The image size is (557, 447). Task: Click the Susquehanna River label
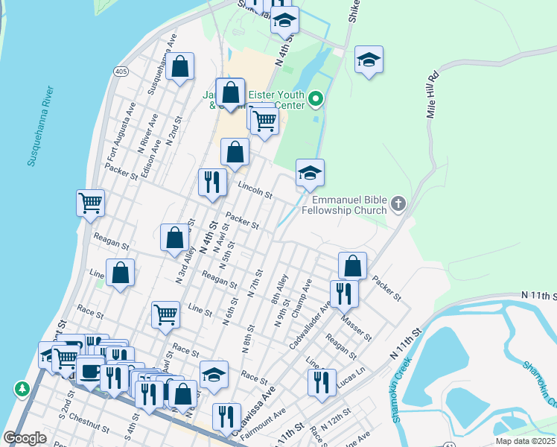[x=40, y=126]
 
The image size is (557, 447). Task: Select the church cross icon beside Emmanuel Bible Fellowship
[x=398, y=203]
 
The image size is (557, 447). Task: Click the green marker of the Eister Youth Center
[x=316, y=98]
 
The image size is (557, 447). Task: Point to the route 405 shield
[x=119, y=71]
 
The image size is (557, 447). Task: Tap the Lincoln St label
[x=255, y=190]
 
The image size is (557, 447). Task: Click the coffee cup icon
[x=90, y=372]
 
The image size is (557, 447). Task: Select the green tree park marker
[x=22, y=389]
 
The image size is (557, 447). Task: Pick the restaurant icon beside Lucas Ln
[x=322, y=382]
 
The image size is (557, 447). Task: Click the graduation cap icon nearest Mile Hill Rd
[x=369, y=60]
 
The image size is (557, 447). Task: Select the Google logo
[x=25, y=438]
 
